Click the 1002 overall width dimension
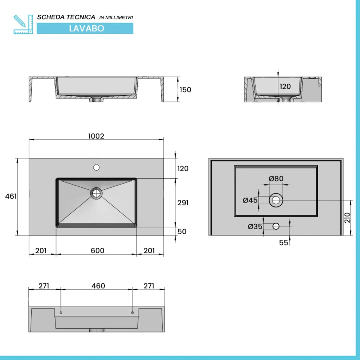pyautogui.click(x=96, y=136)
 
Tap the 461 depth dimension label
pyautogui.click(x=11, y=196)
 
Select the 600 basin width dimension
pyautogui.click(x=97, y=250)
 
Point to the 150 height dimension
pyautogui.click(x=185, y=90)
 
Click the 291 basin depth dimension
pyautogui.click(x=183, y=203)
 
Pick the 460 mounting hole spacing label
pyautogui.click(x=98, y=286)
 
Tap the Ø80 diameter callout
pyautogui.click(x=276, y=178)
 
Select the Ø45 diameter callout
pyautogui.click(x=250, y=200)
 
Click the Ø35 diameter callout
pyautogui.click(x=255, y=227)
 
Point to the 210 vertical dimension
pyautogui.click(x=347, y=218)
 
